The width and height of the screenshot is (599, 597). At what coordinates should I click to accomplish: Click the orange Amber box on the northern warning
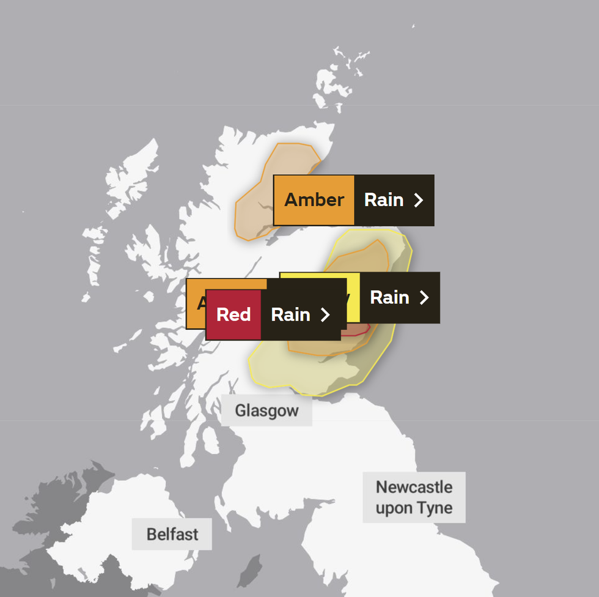pos(314,200)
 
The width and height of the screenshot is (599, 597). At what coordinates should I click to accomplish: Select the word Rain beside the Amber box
pos(384,200)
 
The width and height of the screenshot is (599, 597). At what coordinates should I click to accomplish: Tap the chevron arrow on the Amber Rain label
pos(419,200)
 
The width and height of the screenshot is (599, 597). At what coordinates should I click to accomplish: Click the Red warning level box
pos(233,314)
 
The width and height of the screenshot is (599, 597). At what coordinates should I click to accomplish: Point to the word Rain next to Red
pos(290,314)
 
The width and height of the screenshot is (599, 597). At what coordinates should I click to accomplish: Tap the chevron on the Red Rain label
pos(325,314)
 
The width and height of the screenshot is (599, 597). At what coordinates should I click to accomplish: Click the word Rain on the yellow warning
pos(389,297)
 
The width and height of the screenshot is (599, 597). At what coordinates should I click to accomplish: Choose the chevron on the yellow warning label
pos(424,297)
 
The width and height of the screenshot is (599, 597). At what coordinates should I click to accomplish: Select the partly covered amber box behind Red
pos(196,303)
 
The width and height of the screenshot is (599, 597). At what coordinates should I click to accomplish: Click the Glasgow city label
pos(266,410)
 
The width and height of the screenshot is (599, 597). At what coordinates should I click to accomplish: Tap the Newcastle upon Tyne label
pos(414,497)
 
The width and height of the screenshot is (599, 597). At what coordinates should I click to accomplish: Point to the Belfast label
pos(172,534)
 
